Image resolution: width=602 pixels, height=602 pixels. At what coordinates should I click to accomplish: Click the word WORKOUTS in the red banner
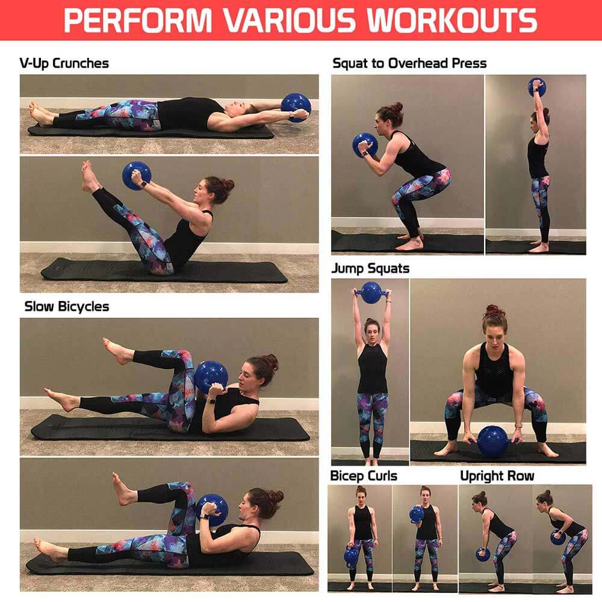[451, 20]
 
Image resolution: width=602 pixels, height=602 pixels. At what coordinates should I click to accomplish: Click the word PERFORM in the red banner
[138, 20]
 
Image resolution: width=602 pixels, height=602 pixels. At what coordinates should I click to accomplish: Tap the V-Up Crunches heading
[64, 63]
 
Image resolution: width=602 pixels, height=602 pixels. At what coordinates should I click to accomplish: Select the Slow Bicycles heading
[67, 306]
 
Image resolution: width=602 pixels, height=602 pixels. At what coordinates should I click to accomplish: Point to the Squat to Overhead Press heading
[409, 63]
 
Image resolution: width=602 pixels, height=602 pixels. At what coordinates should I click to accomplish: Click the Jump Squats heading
[370, 268]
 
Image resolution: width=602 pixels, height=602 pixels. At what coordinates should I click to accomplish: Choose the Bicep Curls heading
[364, 476]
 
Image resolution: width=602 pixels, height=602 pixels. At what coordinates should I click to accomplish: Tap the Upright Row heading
[497, 476]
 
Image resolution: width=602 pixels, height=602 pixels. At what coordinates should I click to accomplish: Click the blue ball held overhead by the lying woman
[296, 107]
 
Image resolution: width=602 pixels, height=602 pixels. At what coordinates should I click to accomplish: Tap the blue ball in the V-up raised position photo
[137, 176]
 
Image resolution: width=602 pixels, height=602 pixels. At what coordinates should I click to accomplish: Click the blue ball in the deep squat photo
[365, 145]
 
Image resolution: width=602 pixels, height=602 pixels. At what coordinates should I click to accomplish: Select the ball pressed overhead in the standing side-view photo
[537, 87]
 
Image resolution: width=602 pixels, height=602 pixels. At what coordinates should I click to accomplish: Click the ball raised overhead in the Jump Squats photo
[371, 293]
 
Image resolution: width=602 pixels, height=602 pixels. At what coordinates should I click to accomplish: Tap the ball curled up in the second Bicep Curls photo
[416, 515]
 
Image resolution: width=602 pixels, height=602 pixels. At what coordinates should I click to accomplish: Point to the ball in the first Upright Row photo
[483, 554]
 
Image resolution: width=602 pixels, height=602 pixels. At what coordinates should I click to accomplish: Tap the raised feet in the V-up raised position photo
[89, 176]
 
